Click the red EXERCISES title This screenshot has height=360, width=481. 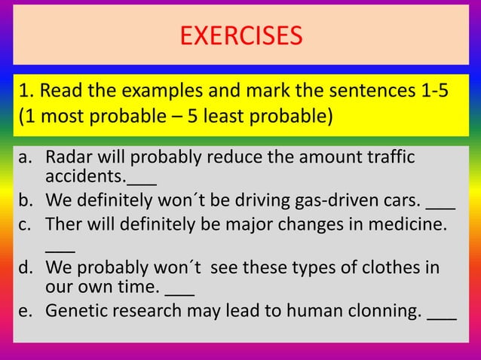click(x=241, y=35)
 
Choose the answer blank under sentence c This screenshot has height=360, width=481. click(x=60, y=249)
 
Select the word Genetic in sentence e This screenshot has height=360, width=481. click(x=75, y=311)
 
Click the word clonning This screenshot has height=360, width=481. click(x=381, y=312)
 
